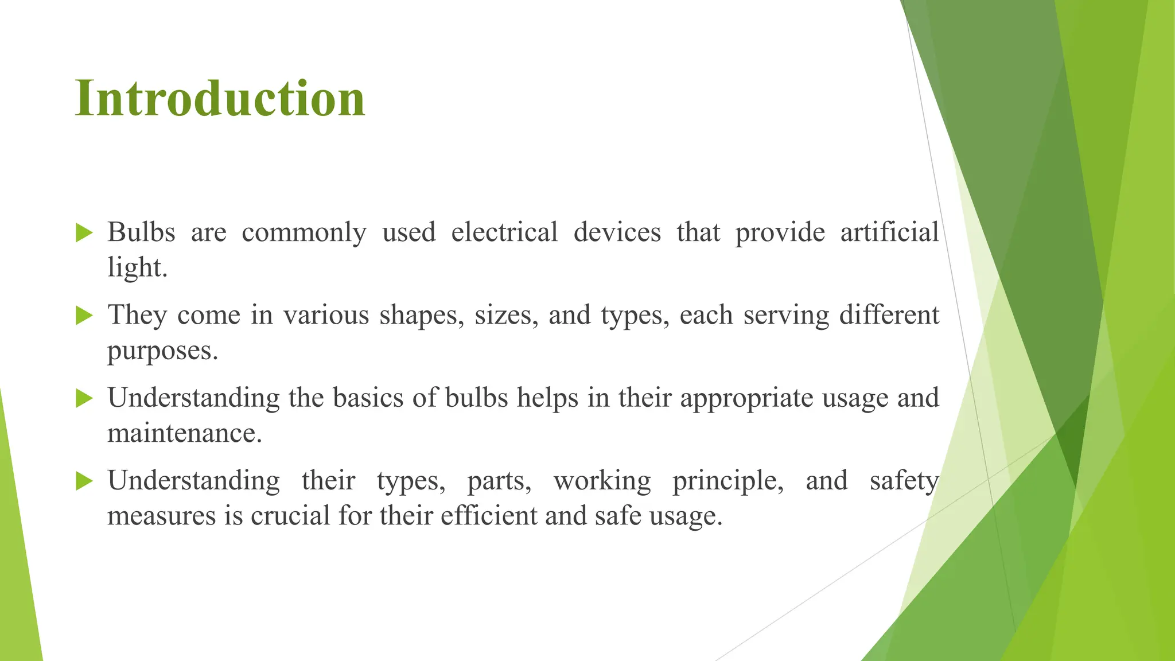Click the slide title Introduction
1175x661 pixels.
point(220,99)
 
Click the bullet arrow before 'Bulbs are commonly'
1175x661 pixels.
point(84,233)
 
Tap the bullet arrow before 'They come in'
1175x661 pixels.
point(84,316)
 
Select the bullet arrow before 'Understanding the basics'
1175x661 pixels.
point(84,398)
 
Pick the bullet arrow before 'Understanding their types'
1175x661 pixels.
point(84,481)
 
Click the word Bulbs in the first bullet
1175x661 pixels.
point(141,232)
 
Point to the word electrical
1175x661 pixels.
point(504,232)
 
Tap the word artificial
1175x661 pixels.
point(889,232)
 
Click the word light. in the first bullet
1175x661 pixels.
point(137,267)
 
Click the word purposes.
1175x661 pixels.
point(163,351)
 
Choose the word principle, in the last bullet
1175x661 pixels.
point(728,481)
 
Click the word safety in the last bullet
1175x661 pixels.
point(904,481)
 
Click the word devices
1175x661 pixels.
point(617,232)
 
